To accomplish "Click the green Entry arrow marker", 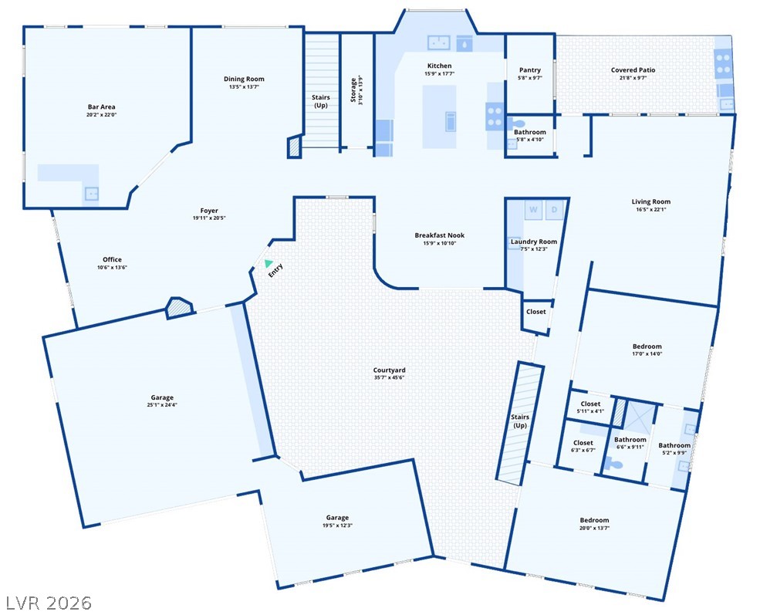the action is point(268,263).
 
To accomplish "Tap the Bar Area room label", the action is point(102,106).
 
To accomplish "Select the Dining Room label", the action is point(244,79).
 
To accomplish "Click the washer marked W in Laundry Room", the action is point(533,210).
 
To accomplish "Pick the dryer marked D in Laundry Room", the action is point(555,210).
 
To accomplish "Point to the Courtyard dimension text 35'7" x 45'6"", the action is point(389,378).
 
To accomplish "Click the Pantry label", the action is point(530,70).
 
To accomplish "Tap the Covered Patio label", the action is point(633,70).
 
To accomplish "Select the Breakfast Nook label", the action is point(440,235).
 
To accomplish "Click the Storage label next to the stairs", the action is point(353,90).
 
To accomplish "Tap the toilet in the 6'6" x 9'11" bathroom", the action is point(615,465).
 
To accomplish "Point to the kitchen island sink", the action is point(451,121).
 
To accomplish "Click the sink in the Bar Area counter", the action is point(92,194).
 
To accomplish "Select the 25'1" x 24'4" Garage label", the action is point(162,398).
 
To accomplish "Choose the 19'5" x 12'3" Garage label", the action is point(337,518).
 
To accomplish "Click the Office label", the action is point(112,260).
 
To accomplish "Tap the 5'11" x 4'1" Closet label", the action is point(590,404).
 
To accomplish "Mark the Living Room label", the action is point(651,201).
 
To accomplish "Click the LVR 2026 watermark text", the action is point(49,603).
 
